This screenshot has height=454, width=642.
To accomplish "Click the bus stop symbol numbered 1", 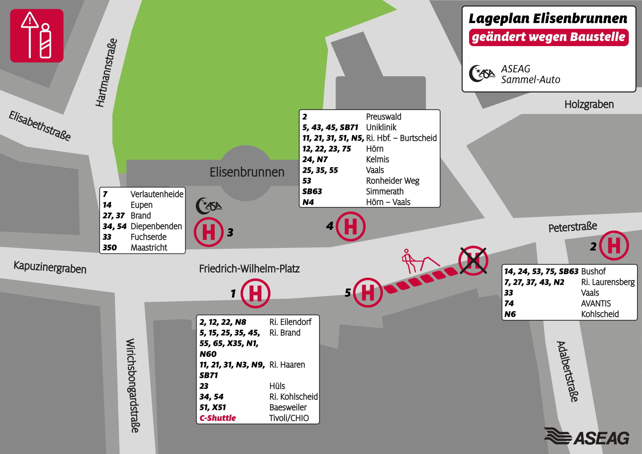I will pyautogui.click(x=255, y=294).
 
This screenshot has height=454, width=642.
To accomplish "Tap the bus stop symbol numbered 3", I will pyautogui.click(x=209, y=232).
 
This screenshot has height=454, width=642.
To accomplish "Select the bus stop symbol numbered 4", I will pyautogui.click(x=350, y=226).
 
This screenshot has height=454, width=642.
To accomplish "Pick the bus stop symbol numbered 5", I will pyautogui.click(x=368, y=293).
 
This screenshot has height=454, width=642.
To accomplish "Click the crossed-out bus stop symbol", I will pyautogui.click(x=473, y=260).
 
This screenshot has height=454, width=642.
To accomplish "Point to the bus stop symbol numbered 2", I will pyautogui.click(x=614, y=246).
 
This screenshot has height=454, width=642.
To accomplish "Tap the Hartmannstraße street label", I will pyautogui.click(x=106, y=73).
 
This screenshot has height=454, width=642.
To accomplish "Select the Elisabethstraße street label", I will pyautogui.click(x=40, y=126).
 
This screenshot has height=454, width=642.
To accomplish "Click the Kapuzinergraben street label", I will pyautogui.click(x=50, y=267).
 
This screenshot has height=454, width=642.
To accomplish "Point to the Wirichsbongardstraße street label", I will pyautogui.click(x=132, y=385).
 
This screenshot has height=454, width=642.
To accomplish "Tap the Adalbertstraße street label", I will pyautogui.click(x=567, y=371).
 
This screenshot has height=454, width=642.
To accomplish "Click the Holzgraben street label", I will pyautogui.click(x=589, y=104).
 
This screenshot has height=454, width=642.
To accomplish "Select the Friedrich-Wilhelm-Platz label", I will pyautogui.click(x=249, y=268).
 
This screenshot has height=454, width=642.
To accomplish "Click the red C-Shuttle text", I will pyautogui.click(x=218, y=418).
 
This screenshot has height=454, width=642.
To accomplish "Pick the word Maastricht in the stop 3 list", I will pyautogui.click(x=149, y=248).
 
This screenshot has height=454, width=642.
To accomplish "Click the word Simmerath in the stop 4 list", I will pyautogui.click(x=385, y=192).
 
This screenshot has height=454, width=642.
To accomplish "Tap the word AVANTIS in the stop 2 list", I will pyautogui.click(x=596, y=304).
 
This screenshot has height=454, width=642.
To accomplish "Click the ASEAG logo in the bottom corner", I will pyautogui.click(x=587, y=437).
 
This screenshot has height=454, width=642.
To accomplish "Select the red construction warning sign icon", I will pyautogui.click(x=37, y=35).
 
